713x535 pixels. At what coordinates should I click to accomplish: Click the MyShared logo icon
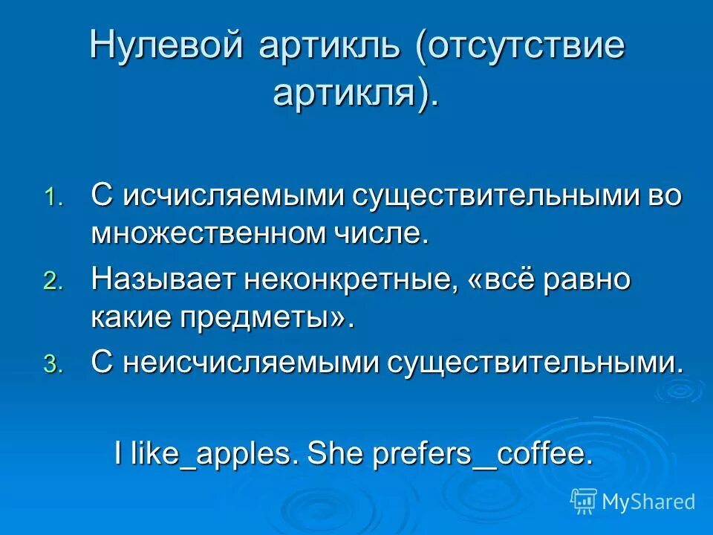coord(584,502)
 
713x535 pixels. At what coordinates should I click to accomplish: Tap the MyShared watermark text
coord(648,502)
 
